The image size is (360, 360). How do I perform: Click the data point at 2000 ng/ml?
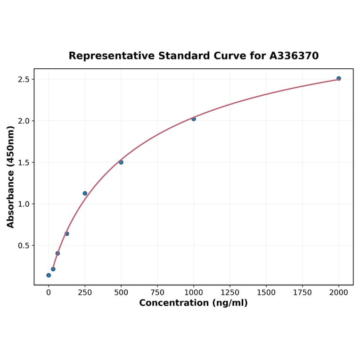pyautogui.click(x=339, y=78)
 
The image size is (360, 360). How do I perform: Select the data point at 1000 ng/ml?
pyautogui.click(x=194, y=119)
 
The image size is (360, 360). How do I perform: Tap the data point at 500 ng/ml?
pyautogui.click(x=121, y=162)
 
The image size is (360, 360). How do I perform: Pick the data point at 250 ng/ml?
pyautogui.click(x=85, y=193)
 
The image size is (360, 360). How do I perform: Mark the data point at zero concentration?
pyautogui.click(x=49, y=275)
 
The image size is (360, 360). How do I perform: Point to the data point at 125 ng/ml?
pyautogui.click(x=67, y=234)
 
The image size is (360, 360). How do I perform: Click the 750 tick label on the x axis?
pyautogui.click(x=157, y=293)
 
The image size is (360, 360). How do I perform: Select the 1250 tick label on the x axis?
pyautogui.click(x=230, y=293)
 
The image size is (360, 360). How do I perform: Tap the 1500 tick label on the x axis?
pyautogui.click(x=266, y=293)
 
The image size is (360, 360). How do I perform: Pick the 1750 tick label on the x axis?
pyautogui.click(x=303, y=293)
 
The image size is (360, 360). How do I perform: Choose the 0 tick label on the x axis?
pyautogui.click(x=49, y=293)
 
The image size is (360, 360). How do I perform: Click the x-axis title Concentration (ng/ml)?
pyautogui.click(x=193, y=303)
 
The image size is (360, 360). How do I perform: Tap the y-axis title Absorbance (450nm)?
pyautogui.click(x=11, y=177)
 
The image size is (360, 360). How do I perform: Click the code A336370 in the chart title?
pyautogui.click(x=294, y=56)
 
